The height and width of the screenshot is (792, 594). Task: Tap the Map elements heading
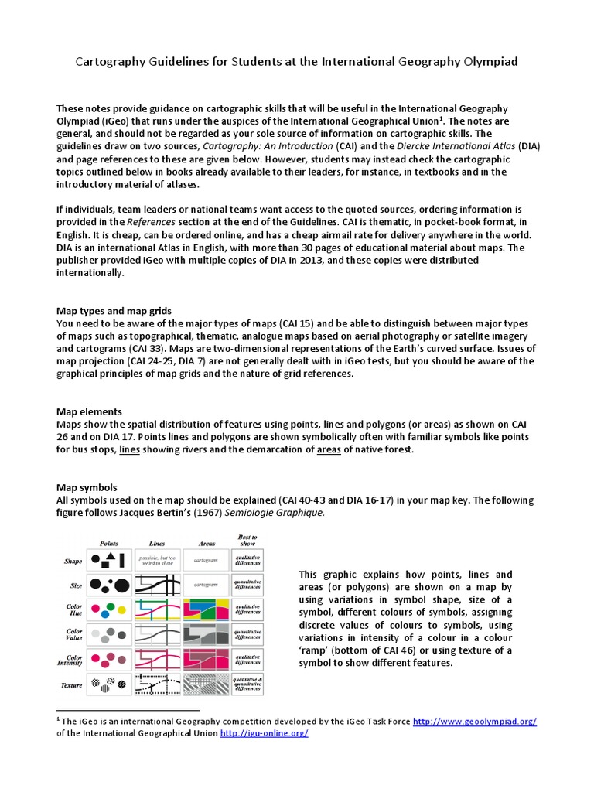click(x=90, y=411)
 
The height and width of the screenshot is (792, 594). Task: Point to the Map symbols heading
click(x=87, y=487)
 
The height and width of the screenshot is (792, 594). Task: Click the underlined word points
click(x=515, y=436)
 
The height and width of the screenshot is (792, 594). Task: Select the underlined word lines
click(x=129, y=449)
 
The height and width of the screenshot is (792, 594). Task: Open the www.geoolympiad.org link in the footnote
click(x=474, y=721)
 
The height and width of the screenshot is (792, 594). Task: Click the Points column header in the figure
click(x=109, y=543)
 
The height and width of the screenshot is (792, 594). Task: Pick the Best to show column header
click(x=247, y=539)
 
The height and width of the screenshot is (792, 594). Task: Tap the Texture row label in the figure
click(x=71, y=684)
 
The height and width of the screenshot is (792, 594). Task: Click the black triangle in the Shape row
click(x=111, y=555)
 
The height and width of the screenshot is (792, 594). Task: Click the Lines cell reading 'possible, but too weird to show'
click(x=157, y=560)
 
